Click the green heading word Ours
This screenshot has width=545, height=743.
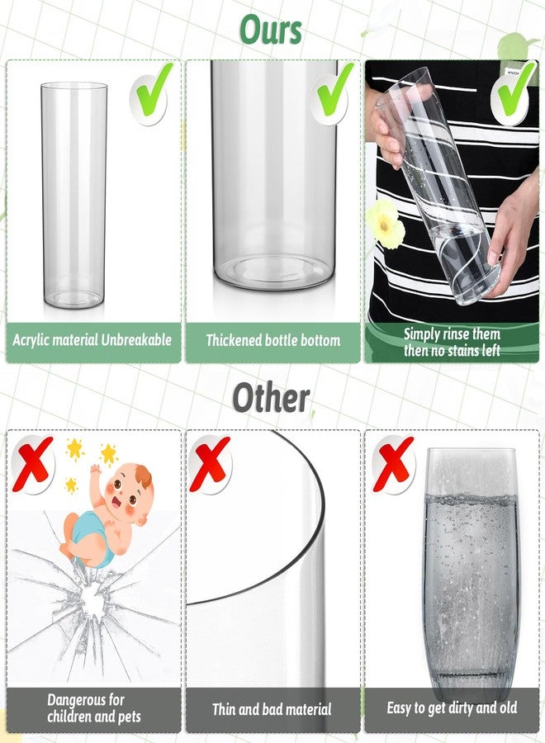271,30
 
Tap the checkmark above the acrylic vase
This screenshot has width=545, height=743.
153,92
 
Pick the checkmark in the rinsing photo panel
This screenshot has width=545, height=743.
514,92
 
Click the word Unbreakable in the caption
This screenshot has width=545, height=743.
138,339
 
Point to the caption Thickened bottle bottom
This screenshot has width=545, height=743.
272,340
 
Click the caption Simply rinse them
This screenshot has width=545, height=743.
452,334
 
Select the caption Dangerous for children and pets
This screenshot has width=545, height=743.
94,708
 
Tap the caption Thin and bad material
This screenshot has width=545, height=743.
272,708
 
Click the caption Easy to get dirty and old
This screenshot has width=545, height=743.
452,708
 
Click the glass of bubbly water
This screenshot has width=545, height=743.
470,570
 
